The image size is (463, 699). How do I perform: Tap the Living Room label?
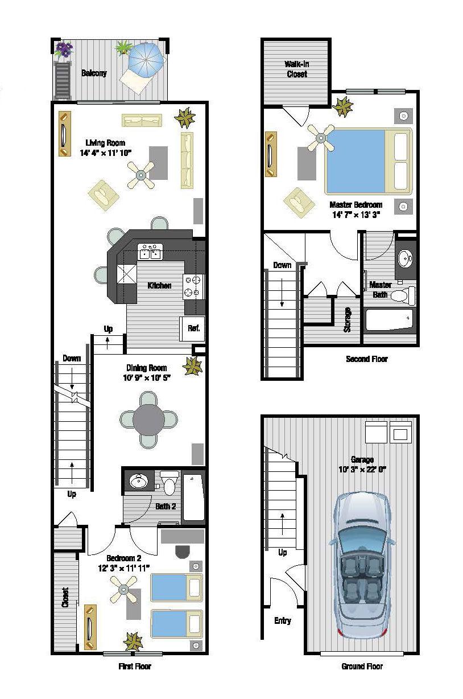coord(105,143)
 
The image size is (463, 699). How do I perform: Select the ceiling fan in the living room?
coord(141,175)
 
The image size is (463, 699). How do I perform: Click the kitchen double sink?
coord(150,252)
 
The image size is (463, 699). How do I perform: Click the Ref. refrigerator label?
coord(193,328)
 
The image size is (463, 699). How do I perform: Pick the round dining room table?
coord(148,420)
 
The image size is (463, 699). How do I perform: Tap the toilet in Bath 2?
coord(170,483)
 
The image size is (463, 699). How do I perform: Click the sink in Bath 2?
coord(138,481)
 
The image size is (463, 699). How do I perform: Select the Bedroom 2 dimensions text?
coord(123,568)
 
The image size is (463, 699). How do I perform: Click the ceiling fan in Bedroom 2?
coord(123,590)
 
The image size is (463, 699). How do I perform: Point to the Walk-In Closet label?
coord(296,69)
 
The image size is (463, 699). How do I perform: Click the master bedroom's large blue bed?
coord(369,161)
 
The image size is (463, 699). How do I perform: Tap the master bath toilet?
coord(403,295)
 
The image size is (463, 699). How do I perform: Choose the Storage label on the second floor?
coord(347,319)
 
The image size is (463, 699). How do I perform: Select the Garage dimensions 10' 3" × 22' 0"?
coord(362,470)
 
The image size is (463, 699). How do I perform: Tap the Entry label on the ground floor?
coord(283,620)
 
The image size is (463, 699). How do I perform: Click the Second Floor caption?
coord(367,359)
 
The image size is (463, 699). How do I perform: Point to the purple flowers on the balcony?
coord(64,49)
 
